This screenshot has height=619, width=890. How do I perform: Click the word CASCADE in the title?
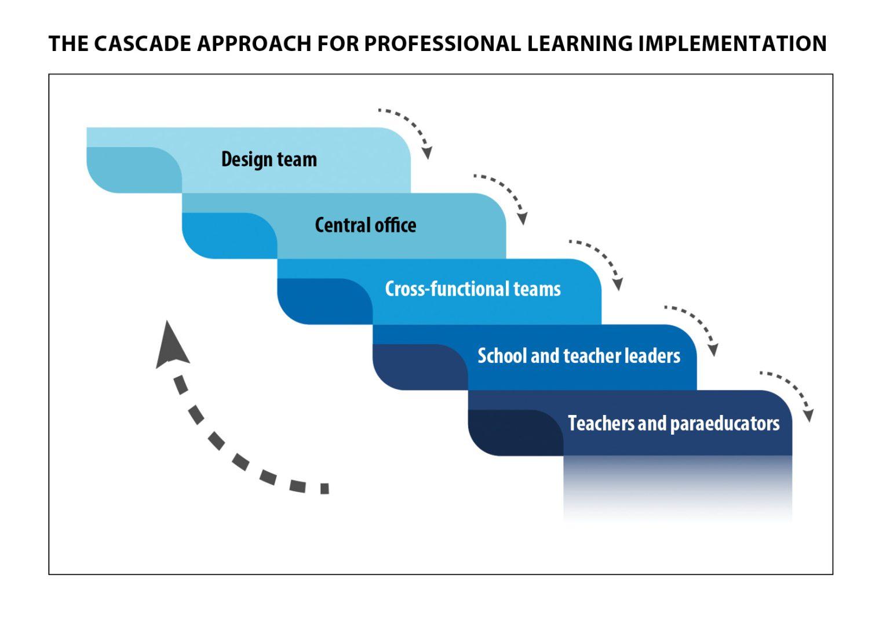pos(142,44)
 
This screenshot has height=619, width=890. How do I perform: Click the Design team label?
pos(269,159)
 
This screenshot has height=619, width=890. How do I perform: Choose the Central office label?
pos(366,225)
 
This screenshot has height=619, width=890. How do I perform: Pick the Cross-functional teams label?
pos(473,289)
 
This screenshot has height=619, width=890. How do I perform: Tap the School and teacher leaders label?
pos(579,355)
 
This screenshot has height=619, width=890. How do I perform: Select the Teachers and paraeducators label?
pos(673,423)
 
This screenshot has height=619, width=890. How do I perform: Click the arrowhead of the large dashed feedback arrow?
pos(170,345)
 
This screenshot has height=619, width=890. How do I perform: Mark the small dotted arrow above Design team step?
pos(410,130)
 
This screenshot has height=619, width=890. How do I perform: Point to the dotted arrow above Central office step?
pos(505,195)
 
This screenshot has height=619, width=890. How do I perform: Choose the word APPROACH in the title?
pos(253,44)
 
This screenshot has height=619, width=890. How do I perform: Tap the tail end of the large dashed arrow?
pos(323,488)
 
